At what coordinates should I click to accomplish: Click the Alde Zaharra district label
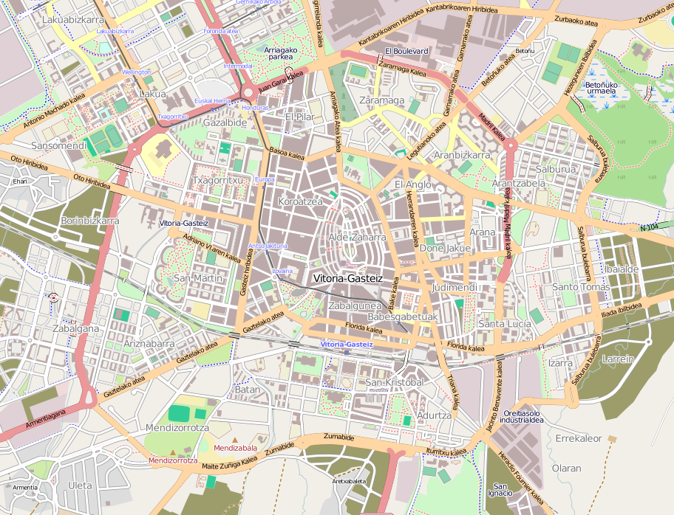click(x=357, y=238)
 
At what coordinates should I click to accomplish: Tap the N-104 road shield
click(x=650, y=227)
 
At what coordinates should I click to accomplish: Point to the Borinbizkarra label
click(x=90, y=221)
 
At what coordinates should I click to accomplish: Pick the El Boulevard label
click(x=406, y=51)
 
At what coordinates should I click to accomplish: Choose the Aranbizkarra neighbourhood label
click(x=462, y=155)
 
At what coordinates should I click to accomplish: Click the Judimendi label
click(x=455, y=286)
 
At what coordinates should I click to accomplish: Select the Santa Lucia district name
click(x=505, y=324)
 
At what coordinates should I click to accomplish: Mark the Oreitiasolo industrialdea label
click(x=525, y=416)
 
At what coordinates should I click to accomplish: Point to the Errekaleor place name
click(x=579, y=438)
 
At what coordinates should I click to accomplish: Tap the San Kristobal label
click(x=395, y=383)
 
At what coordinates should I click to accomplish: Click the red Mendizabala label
click(x=235, y=448)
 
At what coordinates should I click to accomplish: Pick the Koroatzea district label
click(x=300, y=201)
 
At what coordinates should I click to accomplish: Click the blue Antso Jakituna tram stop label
click(x=267, y=245)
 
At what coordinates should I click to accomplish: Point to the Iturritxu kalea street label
click(x=446, y=452)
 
